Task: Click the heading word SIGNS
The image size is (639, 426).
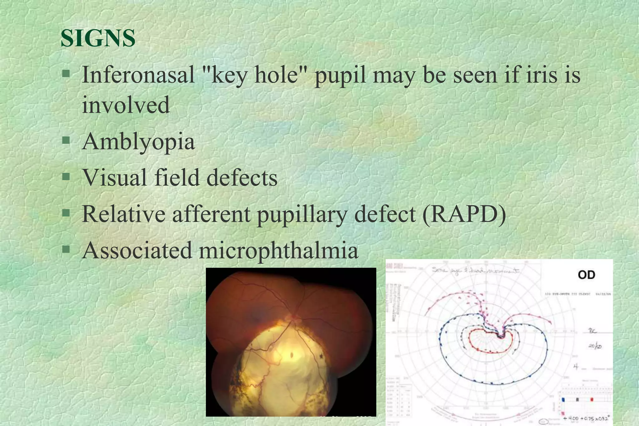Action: pos(98,38)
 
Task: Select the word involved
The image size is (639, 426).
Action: pos(126,104)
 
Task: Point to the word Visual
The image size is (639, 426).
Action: pos(114,177)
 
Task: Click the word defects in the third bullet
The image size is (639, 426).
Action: pos(242,177)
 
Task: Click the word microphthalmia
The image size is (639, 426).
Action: pos(278,250)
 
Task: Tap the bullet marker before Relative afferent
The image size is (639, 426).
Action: pos(66,213)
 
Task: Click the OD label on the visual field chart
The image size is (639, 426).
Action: pos(586,275)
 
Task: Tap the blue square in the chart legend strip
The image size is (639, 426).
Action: pos(563,399)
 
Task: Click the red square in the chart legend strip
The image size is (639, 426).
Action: pos(592,399)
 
